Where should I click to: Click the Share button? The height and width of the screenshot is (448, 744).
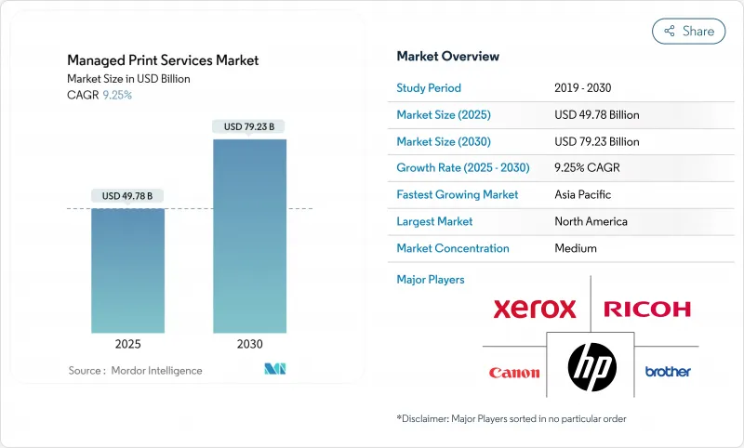point(688,31)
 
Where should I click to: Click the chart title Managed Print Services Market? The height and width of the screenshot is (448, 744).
point(163,60)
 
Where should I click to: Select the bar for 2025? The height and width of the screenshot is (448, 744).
point(128,270)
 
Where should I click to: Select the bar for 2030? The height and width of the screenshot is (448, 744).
point(249,236)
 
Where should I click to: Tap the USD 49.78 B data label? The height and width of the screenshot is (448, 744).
point(128,195)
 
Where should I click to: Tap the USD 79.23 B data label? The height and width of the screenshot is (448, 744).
point(249,126)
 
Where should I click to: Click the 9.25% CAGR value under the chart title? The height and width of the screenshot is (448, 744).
point(116,95)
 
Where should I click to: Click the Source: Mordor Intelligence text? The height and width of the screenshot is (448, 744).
point(135,371)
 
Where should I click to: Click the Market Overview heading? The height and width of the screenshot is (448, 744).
point(447,56)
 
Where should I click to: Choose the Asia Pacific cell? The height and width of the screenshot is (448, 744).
point(584,195)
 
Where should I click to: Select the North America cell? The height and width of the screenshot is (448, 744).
point(590,221)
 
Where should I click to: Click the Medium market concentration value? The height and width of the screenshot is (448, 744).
point(575,248)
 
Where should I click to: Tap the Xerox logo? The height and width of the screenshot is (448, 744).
point(535,309)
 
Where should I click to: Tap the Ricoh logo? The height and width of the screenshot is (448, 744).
point(647,309)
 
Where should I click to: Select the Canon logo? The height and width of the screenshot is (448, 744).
point(514,373)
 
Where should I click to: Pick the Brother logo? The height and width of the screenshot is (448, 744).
point(668,372)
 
